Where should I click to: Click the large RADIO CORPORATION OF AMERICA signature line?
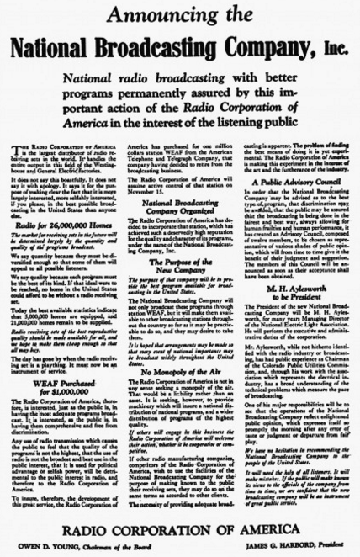[179, 532]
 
